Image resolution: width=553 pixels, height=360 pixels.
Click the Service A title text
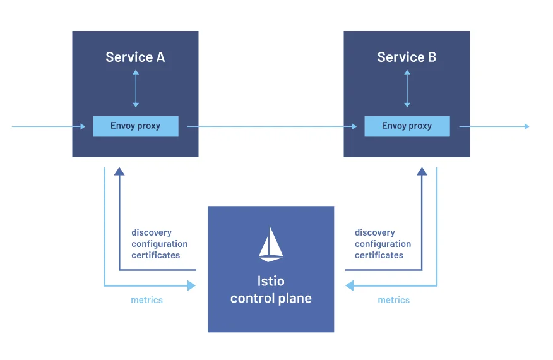click(x=135, y=57)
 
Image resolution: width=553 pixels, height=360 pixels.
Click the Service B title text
click(x=407, y=57)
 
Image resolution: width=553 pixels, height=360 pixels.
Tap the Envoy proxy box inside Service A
click(x=136, y=126)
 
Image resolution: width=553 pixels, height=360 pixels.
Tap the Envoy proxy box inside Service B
click(x=407, y=126)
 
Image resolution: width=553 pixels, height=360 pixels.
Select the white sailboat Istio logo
click(x=271, y=244)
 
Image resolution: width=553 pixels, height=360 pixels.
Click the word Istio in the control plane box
click(x=271, y=281)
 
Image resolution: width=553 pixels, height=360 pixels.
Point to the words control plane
click(x=271, y=298)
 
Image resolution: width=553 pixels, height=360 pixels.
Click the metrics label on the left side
click(x=146, y=300)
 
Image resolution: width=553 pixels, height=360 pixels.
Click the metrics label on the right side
click(x=393, y=300)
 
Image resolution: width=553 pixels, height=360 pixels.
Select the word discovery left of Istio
click(x=152, y=232)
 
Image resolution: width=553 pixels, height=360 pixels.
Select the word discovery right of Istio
click(x=375, y=232)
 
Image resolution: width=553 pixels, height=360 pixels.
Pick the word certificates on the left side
click(x=156, y=255)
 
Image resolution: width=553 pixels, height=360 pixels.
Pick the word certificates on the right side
click(x=379, y=255)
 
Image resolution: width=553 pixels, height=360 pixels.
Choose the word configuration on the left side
click(x=159, y=244)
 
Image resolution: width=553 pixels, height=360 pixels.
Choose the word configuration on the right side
click(x=383, y=244)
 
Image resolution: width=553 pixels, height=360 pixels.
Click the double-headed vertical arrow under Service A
click(x=136, y=88)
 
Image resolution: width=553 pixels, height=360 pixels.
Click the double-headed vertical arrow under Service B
click(x=407, y=88)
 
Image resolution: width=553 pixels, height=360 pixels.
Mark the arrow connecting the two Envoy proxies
click(x=271, y=127)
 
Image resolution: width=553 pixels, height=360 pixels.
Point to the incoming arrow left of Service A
click(x=48, y=127)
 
